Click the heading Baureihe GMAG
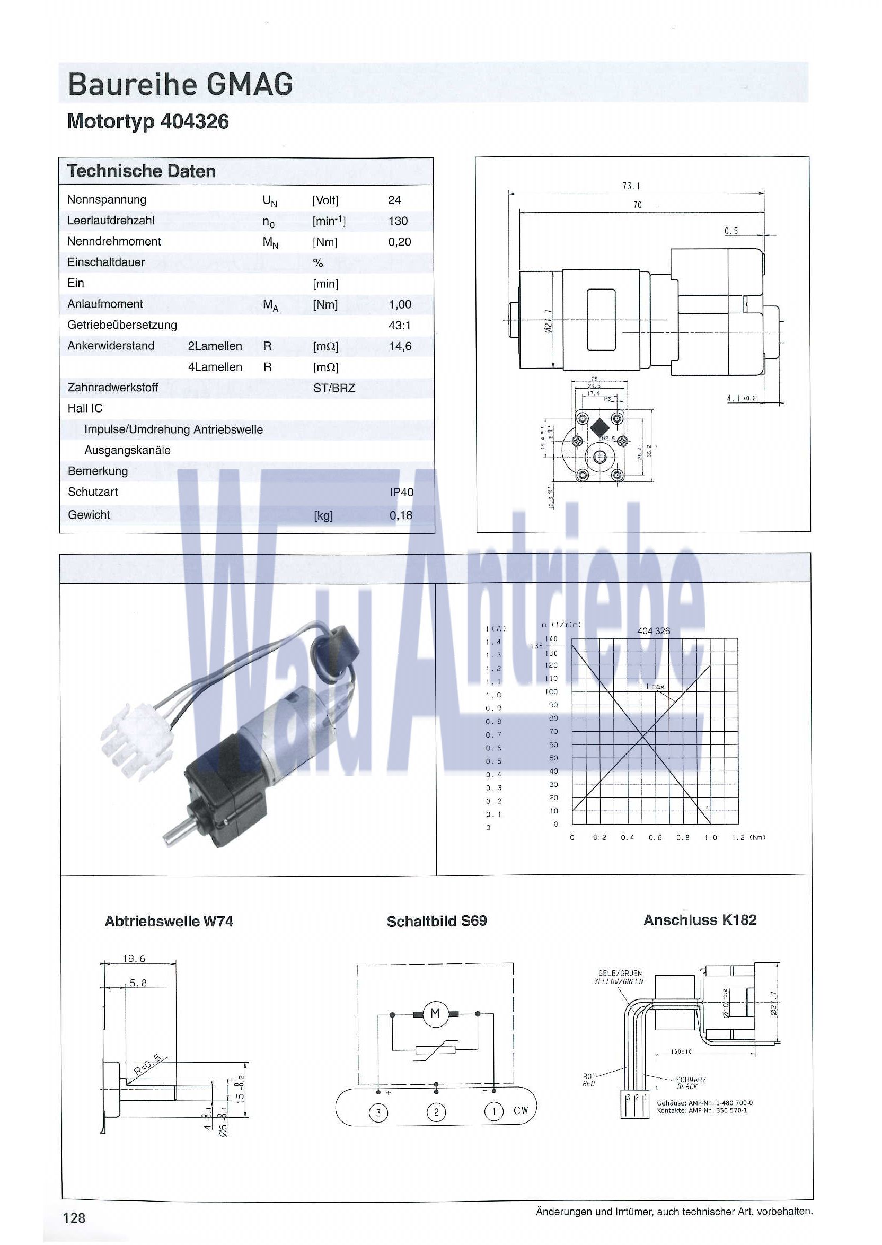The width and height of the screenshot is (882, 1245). pos(180,84)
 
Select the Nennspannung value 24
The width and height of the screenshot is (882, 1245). pos(394,200)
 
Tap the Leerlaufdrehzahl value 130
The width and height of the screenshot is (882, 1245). pos(398,221)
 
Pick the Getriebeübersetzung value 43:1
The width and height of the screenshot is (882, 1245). pos(400,326)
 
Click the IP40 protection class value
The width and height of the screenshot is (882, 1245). pos(401,492)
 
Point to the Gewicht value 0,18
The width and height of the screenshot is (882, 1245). pos(401,515)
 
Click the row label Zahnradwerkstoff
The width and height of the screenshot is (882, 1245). pos(112,387)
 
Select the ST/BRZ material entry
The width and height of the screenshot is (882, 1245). pos(334,388)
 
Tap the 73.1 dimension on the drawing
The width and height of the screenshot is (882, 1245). pos(631,186)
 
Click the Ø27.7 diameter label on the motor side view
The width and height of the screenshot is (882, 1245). pos(548,321)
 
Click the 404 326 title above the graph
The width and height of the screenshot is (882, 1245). pos(654,631)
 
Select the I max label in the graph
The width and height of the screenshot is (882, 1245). pos(656,687)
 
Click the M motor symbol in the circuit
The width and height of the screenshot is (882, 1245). pos(435,1013)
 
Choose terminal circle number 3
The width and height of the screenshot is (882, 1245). pos(378,1112)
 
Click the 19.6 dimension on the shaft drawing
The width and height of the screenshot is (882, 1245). pos(134,959)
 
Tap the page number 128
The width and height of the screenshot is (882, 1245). pos(74,1218)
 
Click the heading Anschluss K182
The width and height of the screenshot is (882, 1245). pos(700,920)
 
